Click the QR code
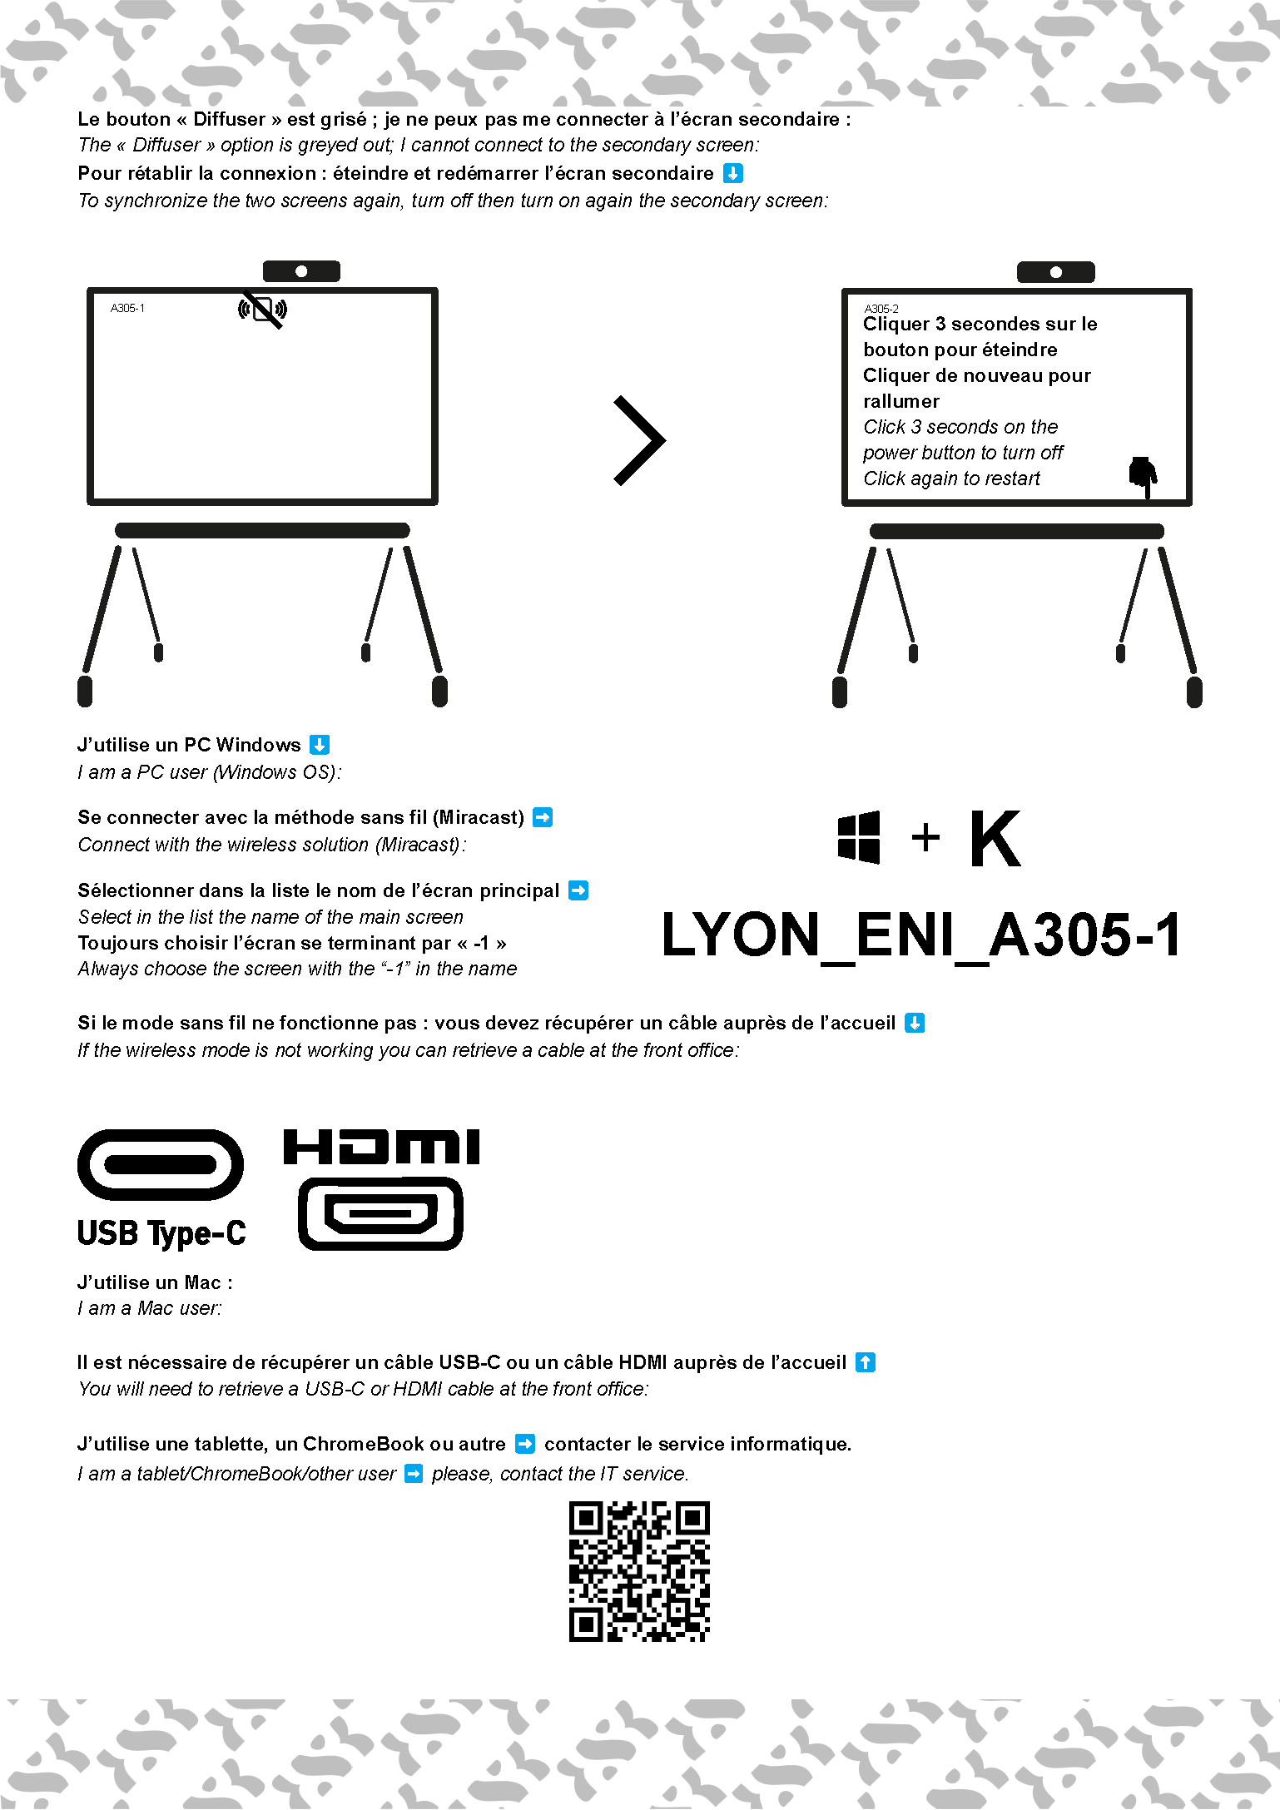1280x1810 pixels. (x=639, y=1571)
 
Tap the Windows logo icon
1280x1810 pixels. (x=859, y=837)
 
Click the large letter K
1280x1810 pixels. (x=995, y=839)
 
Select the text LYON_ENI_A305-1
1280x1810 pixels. (x=920, y=935)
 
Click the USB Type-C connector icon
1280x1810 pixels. (x=161, y=1164)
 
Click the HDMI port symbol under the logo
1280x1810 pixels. (x=380, y=1213)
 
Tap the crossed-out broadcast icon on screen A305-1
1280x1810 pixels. (x=262, y=310)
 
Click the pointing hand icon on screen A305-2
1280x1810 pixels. (x=1143, y=475)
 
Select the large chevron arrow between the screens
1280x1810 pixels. (x=639, y=440)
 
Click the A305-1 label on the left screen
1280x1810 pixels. (x=127, y=308)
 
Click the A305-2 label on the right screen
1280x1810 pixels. (x=881, y=308)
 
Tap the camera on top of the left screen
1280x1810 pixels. (x=301, y=271)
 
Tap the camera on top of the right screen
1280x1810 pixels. (x=1055, y=272)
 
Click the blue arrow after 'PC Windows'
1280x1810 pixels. (x=320, y=745)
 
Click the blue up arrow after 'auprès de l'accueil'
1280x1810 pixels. (x=866, y=1362)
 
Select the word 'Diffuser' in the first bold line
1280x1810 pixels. (x=229, y=119)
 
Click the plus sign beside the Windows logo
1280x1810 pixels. (x=925, y=838)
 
